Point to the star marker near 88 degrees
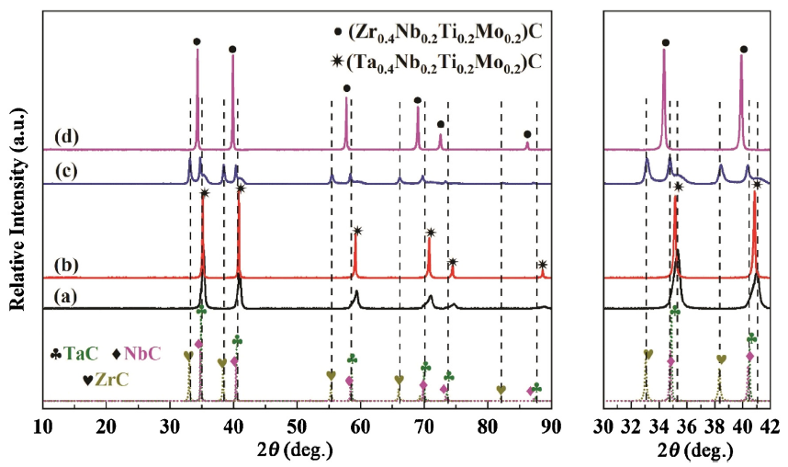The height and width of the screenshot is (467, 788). [x=542, y=265]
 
